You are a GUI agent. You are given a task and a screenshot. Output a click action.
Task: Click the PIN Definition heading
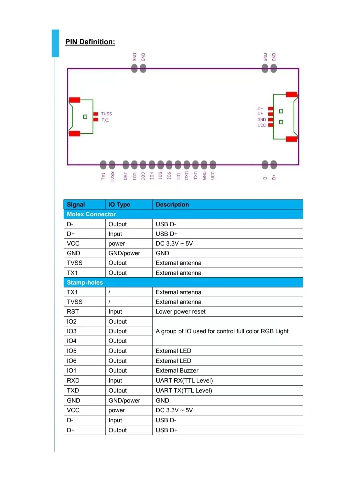click(90, 42)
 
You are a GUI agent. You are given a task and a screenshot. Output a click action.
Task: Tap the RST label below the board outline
click(126, 176)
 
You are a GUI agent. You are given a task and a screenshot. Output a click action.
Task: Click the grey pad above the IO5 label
click(161, 165)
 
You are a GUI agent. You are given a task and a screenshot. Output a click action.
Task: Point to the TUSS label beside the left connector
click(107, 114)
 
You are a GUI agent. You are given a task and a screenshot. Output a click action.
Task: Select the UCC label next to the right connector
click(262, 125)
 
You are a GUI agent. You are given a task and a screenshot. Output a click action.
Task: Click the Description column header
click(172, 205)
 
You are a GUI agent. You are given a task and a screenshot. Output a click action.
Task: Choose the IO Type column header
click(119, 205)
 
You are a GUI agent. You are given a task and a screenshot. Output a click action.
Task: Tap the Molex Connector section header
click(91, 214)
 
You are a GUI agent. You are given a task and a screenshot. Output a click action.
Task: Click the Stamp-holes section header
click(85, 282)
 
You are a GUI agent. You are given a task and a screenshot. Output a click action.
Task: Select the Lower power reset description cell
click(180, 311)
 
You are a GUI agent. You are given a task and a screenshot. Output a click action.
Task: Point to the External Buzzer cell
click(177, 370)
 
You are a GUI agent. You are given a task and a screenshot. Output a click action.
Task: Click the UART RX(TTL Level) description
click(184, 380)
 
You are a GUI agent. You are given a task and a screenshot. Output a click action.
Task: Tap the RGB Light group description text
click(222, 331)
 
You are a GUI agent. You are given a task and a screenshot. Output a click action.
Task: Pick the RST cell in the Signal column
click(73, 311)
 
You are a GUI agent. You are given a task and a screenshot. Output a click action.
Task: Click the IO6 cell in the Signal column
click(72, 361)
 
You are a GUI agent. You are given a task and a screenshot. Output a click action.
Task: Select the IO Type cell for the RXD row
click(115, 381)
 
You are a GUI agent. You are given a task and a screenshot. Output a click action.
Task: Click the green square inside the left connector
click(85, 117)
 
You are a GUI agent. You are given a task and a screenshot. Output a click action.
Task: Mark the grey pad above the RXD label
click(187, 165)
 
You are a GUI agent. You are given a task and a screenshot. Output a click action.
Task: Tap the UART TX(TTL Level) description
click(184, 390)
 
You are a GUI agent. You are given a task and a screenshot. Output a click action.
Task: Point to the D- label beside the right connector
click(260, 109)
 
